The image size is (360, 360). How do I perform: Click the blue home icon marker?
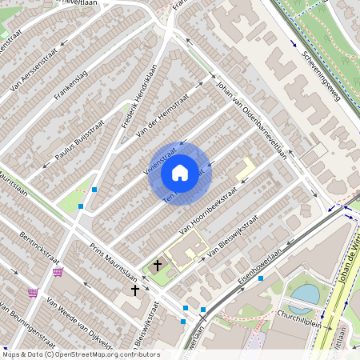(x=180, y=172)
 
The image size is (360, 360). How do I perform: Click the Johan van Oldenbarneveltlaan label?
(x=253, y=121)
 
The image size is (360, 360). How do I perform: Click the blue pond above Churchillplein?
(x=305, y=295)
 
